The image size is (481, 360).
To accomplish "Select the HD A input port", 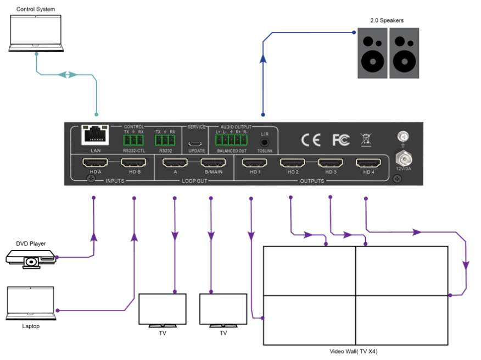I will [96, 163].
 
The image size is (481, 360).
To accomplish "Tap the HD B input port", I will [135, 163].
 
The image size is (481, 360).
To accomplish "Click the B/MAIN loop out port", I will [211, 163].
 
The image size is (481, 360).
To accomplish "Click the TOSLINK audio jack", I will [264, 141].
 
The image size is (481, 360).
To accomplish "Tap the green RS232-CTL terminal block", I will [133, 141].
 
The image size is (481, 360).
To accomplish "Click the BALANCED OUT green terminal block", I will [231, 141].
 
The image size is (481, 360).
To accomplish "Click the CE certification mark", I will [311, 140].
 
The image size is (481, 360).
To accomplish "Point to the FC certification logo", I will [340, 140].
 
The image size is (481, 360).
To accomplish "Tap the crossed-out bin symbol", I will [366, 140].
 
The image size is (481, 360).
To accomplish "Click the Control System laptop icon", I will [36, 34].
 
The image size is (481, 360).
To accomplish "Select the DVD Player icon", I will [30, 258].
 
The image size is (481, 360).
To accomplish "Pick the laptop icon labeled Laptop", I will [31, 303].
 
